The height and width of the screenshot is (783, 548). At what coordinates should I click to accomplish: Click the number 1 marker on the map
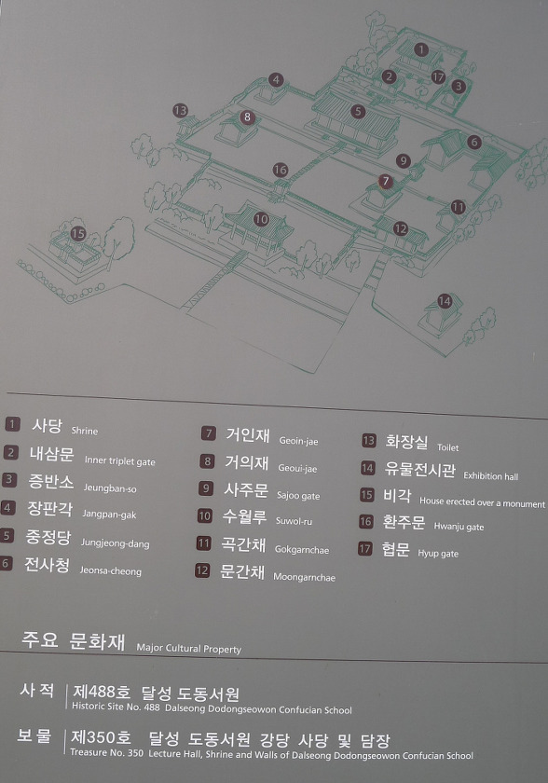tap(421, 49)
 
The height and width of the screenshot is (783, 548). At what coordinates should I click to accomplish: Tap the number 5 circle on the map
tap(357, 111)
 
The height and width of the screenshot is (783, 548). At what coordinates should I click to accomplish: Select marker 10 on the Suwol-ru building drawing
tap(261, 219)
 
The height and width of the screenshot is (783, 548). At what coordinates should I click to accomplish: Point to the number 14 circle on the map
tap(445, 301)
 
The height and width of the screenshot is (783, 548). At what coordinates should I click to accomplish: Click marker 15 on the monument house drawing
tap(78, 233)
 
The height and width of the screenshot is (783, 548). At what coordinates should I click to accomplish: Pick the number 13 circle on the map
tap(180, 110)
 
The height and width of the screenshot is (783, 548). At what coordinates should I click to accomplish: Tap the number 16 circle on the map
tap(281, 170)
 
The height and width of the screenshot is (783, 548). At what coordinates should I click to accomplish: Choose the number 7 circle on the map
tap(385, 181)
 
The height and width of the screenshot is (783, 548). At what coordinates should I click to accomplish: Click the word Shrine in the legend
tap(85, 431)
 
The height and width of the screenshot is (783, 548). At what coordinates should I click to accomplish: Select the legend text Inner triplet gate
tap(120, 461)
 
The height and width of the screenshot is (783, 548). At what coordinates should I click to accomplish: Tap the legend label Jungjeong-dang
tap(115, 543)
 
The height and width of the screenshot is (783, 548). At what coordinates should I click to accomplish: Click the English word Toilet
tap(447, 447)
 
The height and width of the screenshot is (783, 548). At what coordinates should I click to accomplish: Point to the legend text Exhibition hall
tap(490, 476)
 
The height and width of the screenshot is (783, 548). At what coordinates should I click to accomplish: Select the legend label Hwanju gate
tap(459, 527)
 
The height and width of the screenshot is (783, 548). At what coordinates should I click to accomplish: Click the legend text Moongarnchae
tap(304, 577)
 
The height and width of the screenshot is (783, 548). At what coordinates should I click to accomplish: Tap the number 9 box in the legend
tap(206, 488)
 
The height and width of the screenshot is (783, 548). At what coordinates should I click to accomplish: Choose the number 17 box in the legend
tap(365, 549)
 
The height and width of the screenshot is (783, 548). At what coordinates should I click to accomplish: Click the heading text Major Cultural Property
tap(188, 649)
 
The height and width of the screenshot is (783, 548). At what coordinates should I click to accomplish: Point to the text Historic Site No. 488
tap(116, 707)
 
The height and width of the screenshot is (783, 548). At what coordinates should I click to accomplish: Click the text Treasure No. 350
tap(107, 752)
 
